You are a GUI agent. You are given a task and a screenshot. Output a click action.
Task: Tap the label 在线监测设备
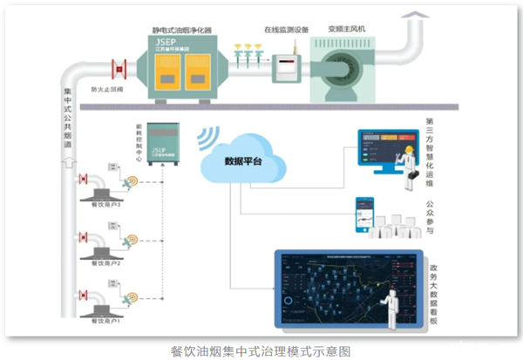click(281, 28)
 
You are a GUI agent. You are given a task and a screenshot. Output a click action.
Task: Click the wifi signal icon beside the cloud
click(207, 139)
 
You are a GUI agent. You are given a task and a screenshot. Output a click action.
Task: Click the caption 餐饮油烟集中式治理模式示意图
click(261, 350)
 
